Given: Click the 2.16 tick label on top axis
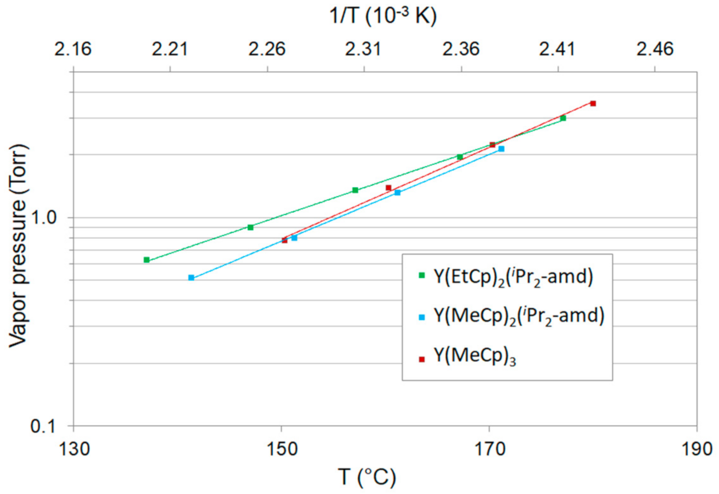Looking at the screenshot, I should click(x=73, y=49).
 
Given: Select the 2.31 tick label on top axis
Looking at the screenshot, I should click(x=363, y=49).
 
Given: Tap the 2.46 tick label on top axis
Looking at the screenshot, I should click(x=655, y=49).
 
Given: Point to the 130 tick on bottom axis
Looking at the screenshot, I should click(x=74, y=449).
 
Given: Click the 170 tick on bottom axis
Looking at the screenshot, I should click(x=489, y=449).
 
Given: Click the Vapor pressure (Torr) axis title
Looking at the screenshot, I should click(x=18, y=246).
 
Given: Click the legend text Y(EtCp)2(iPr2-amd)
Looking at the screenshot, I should click(x=513, y=276).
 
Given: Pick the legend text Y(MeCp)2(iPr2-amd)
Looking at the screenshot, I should click(x=519, y=316).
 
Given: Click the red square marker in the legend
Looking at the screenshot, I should click(x=422, y=359).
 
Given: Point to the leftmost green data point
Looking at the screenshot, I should click(x=146, y=260).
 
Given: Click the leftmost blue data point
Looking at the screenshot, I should click(x=191, y=278).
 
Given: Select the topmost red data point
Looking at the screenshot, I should click(x=593, y=103).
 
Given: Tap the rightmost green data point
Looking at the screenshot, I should click(x=563, y=118).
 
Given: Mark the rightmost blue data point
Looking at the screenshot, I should click(x=501, y=149).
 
